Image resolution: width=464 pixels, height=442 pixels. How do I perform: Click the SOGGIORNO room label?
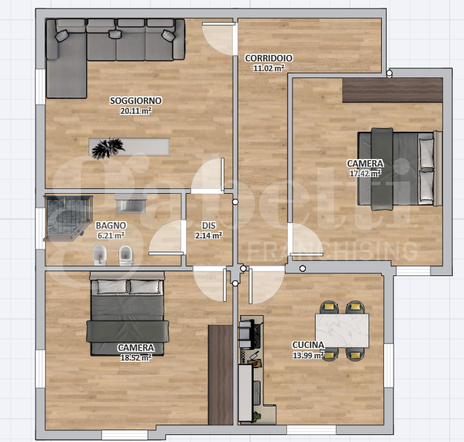tap(136, 100)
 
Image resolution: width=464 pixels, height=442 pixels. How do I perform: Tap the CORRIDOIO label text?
tap(269, 59)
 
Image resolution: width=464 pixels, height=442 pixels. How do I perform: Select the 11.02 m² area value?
tap(269, 68)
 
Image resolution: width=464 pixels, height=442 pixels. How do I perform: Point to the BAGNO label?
tap(111, 226)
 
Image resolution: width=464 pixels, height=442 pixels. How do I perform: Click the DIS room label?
tap(208, 226)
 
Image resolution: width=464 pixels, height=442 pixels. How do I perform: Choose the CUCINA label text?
tap(308, 345)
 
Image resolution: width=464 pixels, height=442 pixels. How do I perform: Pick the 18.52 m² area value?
tap(136, 358)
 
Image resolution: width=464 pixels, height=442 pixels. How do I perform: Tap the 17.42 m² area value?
tap(365, 174)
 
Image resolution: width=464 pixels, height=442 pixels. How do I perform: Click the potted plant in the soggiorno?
tap(107, 148)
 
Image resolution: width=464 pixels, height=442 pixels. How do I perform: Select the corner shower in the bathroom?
tap(68, 218)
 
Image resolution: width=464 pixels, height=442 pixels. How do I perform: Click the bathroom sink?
tap(131, 204)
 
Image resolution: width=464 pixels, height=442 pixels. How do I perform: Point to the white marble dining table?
tap(342, 330)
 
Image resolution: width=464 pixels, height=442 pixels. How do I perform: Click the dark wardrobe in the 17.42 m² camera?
tap(392, 91)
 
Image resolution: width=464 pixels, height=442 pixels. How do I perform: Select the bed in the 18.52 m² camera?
tap(127, 314)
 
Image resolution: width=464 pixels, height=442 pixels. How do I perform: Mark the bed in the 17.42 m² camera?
tap(400, 169)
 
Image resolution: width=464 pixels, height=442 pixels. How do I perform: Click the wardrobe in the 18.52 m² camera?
tap(220, 375)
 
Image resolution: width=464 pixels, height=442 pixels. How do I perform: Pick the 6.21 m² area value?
tap(111, 236)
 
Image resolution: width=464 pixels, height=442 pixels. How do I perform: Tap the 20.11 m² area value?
tap(136, 111)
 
